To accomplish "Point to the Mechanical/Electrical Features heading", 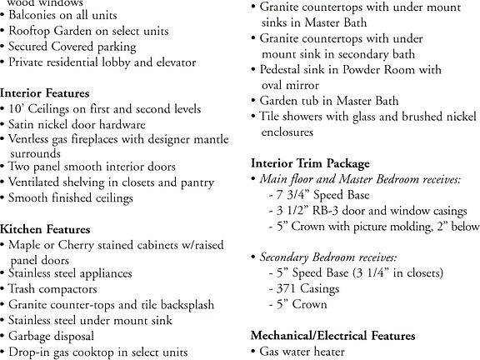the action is tap(333, 335).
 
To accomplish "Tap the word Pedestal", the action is tap(284, 70).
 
